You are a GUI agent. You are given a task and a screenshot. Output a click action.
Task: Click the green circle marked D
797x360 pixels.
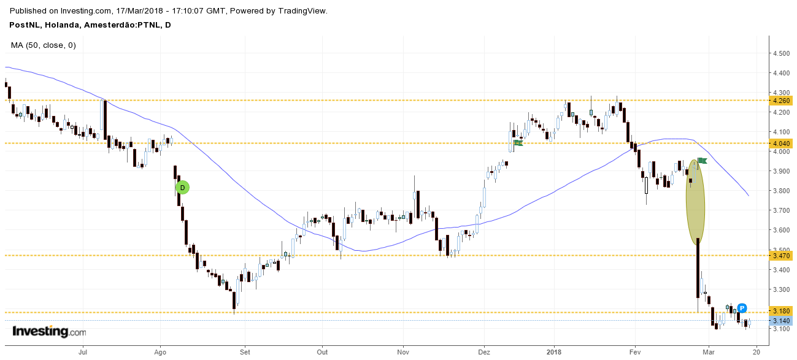(182, 188)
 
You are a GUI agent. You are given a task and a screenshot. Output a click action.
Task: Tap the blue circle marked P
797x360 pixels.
(742, 308)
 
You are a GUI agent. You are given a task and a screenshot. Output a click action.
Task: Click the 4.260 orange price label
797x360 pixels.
(781, 101)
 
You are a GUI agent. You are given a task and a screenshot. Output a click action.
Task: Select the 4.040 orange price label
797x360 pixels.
(781, 144)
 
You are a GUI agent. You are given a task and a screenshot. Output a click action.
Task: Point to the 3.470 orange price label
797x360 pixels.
(781, 255)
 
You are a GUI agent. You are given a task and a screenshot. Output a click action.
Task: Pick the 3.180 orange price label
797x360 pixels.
(781, 312)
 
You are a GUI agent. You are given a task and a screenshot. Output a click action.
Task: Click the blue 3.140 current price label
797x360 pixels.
(781, 321)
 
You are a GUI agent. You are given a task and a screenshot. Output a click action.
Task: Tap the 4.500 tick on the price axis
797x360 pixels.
(781, 53)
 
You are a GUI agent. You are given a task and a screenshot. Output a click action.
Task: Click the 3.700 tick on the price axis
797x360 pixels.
(781, 210)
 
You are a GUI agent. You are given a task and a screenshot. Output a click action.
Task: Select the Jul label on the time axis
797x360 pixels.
(83, 352)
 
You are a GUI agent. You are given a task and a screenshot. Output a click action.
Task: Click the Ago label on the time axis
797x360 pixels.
(161, 352)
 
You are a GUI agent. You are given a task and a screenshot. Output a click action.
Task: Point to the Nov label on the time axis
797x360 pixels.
(403, 352)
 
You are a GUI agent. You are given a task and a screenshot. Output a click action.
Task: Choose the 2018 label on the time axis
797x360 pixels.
(554, 352)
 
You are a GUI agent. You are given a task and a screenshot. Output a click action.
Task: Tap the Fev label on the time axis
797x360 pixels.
(635, 352)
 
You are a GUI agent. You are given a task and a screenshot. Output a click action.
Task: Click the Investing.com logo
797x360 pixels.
(49, 332)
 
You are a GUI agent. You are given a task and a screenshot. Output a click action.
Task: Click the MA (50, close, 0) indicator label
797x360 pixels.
(43, 45)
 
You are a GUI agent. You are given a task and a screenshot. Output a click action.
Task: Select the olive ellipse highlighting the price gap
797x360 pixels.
(695, 202)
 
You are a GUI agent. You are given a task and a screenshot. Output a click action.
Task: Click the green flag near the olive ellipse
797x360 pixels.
(703, 161)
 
